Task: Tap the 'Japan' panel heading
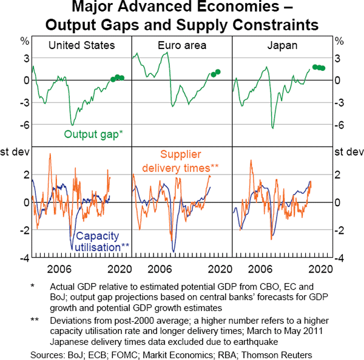pos(282,45)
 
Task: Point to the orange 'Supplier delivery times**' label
pos(189,161)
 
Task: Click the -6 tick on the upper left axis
pos(24,125)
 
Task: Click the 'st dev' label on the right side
pos(348,151)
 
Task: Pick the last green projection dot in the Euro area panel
pos(218,72)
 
